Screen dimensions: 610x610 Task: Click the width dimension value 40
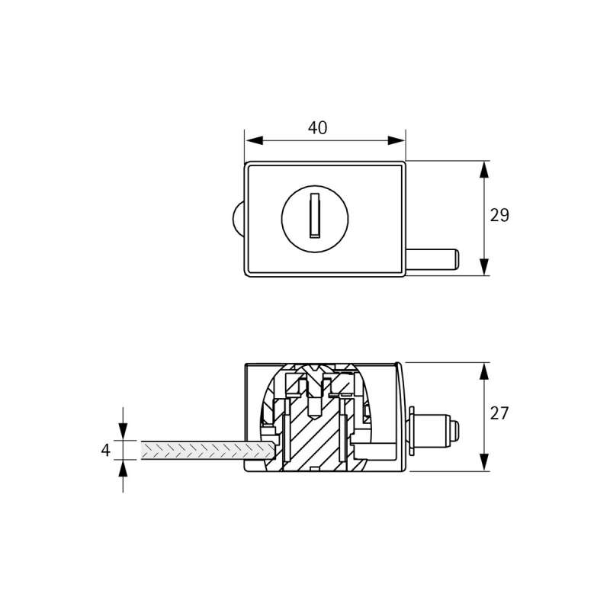(317, 128)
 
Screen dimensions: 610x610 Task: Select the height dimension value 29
(499, 216)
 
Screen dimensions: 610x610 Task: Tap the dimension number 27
(499, 414)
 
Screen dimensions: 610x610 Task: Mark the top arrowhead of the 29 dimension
(483, 169)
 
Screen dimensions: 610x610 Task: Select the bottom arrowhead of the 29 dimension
(483, 266)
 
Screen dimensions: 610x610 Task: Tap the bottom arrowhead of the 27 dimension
(483, 463)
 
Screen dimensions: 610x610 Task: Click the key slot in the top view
(313, 216)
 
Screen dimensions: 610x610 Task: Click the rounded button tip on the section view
(454, 430)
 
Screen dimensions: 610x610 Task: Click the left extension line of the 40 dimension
(245, 145)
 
